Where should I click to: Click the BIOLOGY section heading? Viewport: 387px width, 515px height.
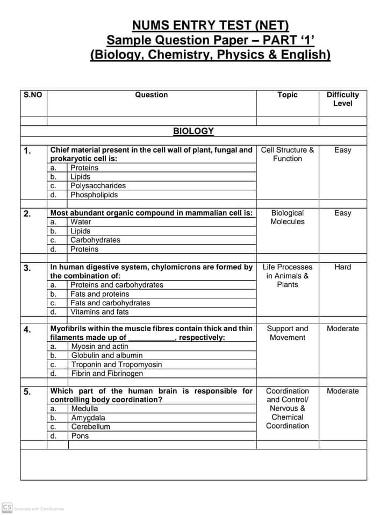point(193,131)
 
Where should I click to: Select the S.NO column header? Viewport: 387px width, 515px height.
point(33,95)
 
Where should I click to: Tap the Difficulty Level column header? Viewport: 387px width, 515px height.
point(342,99)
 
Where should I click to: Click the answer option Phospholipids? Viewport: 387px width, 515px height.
point(94,195)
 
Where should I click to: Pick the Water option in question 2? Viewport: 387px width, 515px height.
point(81,222)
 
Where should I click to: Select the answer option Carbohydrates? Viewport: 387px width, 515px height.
point(95,240)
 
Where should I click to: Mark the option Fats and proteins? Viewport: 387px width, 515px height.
point(100,294)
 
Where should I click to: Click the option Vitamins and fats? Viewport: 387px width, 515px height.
point(99,312)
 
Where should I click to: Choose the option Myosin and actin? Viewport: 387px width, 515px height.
point(100,347)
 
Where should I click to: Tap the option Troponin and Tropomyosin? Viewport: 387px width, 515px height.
point(117,364)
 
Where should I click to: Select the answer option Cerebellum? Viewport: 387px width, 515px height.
point(91,427)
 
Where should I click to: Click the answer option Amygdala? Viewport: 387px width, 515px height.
point(88,418)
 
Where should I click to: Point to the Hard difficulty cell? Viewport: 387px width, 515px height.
point(342,267)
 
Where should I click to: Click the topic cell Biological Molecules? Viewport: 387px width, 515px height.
point(288,217)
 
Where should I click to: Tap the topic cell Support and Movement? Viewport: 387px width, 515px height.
point(288,333)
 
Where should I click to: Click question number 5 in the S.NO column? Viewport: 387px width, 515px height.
point(27,392)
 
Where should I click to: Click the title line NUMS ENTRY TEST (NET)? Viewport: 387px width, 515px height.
point(210,25)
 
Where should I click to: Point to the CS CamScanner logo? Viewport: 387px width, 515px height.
point(7,507)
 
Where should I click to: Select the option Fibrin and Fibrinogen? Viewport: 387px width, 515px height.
point(107,374)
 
